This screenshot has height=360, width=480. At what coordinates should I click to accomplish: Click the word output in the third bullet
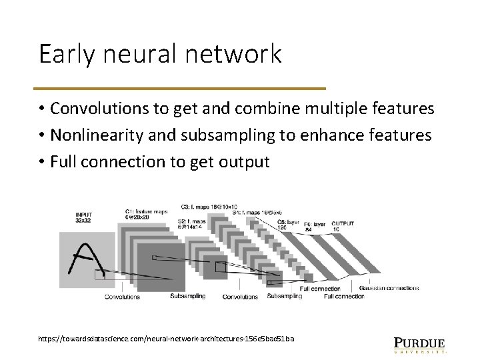[245, 162]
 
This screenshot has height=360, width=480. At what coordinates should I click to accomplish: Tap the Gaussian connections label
[389, 288]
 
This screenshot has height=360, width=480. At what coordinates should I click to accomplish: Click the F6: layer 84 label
[315, 227]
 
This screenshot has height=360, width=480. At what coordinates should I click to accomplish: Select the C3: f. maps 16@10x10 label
[209, 207]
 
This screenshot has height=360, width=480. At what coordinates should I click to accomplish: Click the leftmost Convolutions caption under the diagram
[123, 297]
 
